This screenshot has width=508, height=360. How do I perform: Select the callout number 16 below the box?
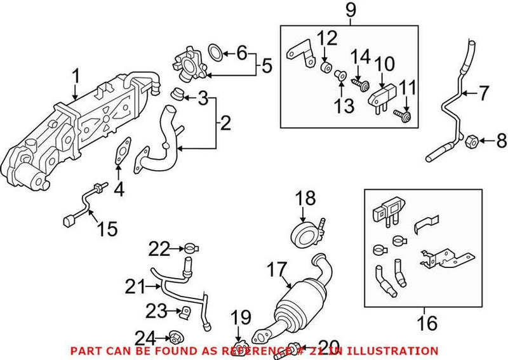(428, 323)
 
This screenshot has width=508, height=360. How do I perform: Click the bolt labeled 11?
(403, 116)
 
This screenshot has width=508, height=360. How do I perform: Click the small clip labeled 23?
(186, 312)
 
